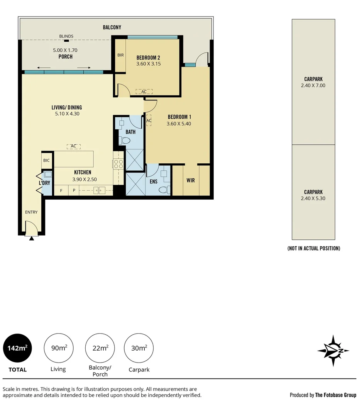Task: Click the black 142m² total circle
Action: point(18,348)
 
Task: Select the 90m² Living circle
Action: point(59,348)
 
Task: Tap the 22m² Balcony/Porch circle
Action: point(100,348)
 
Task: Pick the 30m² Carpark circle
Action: point(139,348)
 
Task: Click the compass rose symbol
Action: point(333,351)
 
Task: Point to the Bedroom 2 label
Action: point(148,58)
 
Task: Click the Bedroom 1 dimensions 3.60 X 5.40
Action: point(179,124)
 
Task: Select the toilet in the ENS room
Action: point(165,190)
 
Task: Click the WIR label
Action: point(191,180)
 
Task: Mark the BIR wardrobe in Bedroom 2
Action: point(120,55)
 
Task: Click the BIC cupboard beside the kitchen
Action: point(47,160)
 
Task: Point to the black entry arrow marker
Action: point(32,239)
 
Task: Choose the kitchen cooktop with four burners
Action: point(118,164)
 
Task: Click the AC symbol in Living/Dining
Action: point(73,146)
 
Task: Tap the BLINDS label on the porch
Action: point(66,36)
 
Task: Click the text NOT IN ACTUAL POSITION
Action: point(314,248)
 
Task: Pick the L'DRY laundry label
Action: point(44,182)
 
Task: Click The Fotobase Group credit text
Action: point(335,395)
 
